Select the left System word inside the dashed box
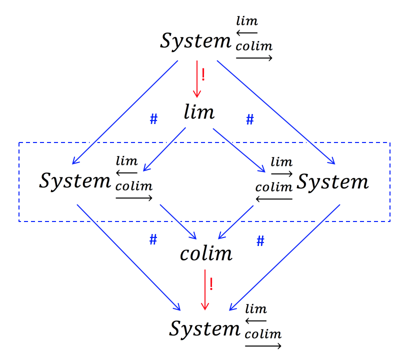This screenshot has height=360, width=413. pos(75,180)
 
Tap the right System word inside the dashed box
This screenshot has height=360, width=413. pos(332,181)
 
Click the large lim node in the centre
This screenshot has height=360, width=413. pos(199,112)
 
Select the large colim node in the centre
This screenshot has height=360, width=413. pos(206,254)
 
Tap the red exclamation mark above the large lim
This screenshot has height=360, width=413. pos(203,75)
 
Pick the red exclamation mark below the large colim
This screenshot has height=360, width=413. pos(211,284)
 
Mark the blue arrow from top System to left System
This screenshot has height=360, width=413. pos(125,112)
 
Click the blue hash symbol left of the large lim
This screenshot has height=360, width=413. pos(153,119)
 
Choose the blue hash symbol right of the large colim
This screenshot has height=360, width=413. pos(260,241)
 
